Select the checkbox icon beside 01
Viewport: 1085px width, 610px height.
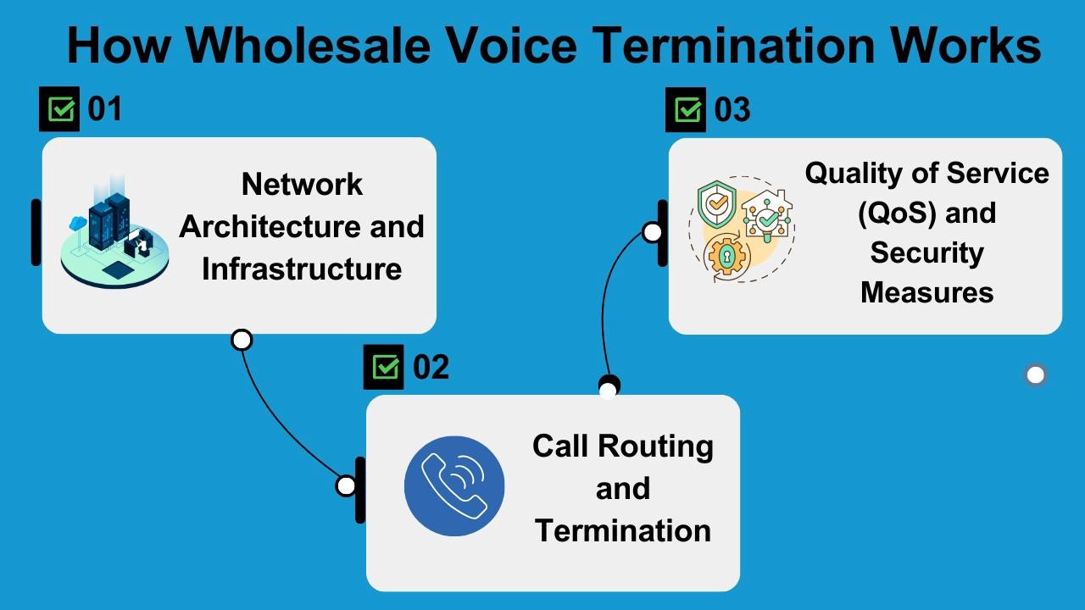tap(59, 109)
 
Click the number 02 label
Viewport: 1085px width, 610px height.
tap(431, 367)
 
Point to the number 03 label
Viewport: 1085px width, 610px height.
tap(732, 110)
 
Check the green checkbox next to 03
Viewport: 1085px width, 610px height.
tap(686, 110)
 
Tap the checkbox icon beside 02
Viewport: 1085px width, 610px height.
tap(384, 367)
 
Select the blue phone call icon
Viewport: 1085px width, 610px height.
tap(454, 486)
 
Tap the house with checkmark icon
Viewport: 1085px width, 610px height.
tap(767, 217)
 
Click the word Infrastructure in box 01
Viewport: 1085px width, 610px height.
tap(302, 269)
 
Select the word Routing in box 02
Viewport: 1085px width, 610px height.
tap(655, 446)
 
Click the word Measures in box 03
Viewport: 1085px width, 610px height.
tap(927, 292)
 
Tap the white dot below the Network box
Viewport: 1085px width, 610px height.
tap(242, 340)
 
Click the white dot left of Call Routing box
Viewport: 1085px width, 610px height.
tap(346, 485)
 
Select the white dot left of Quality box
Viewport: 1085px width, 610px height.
tap(652, 231)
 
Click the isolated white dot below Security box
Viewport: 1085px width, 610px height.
tap(1035, 374)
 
